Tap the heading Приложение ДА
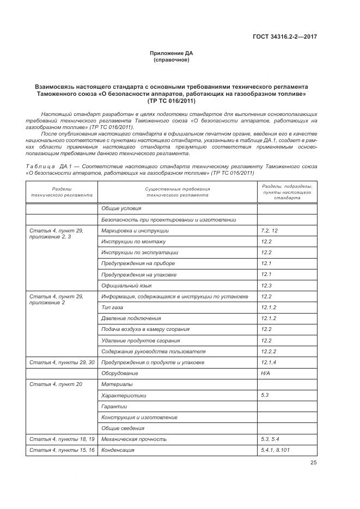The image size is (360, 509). (172, 53)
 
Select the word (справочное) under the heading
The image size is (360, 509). (172, 60)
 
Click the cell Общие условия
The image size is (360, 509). (121, 208)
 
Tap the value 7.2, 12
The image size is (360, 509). (270, 231)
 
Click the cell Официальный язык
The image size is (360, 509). (126, 285)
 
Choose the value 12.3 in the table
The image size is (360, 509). (266, 285)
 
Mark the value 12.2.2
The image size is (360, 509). (269, 352)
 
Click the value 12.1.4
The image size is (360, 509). (269, 363)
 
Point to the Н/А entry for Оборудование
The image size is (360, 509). (266, 373)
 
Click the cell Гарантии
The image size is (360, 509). (114, 407)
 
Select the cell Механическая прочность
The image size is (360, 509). (133, 439)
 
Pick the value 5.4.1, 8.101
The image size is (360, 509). (274, 450)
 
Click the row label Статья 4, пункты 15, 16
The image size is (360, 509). (62, 450)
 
